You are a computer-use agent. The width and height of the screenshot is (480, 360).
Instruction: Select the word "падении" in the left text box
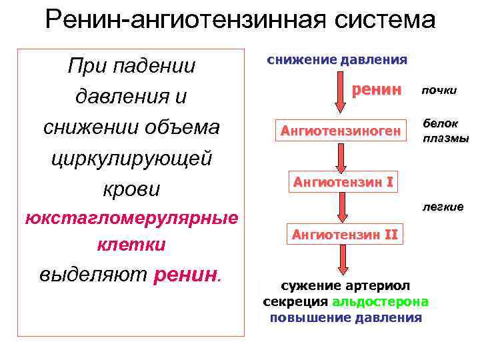coord(159,66)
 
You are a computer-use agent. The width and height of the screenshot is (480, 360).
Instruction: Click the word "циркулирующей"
coord(131,159)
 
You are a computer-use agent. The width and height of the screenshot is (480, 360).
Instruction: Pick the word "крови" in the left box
coord(131,189)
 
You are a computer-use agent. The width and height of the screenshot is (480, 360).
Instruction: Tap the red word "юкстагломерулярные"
coord(131,218)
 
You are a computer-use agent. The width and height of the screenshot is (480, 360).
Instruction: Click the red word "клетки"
coord(131,245)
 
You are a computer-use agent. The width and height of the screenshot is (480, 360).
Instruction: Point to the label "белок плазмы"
coord(445,131)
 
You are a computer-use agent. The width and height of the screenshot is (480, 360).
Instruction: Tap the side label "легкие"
coord(442,207)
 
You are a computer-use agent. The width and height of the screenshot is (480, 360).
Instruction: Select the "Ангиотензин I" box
coord(340,181)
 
